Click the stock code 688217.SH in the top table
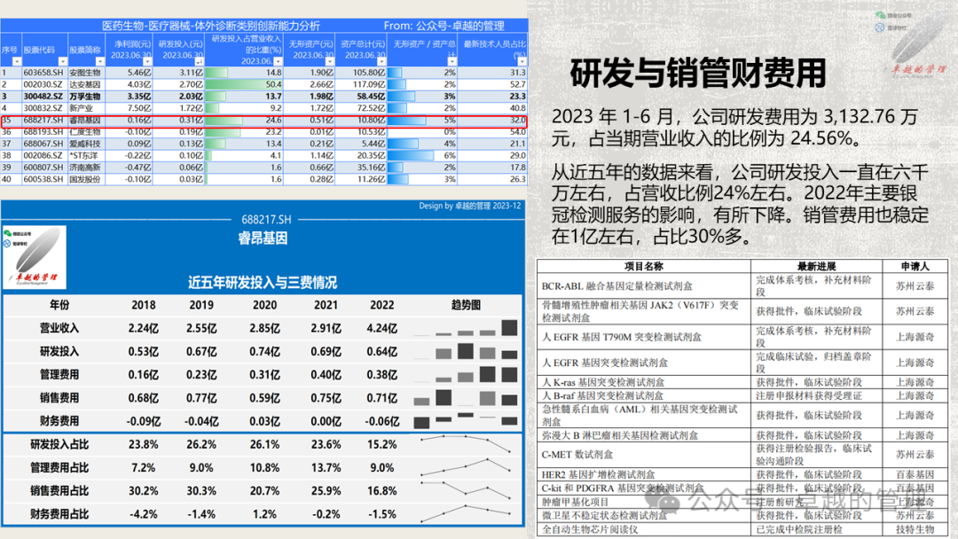[43, 120]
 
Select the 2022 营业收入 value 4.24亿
[381, 328]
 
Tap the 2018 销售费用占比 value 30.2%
[144, 491]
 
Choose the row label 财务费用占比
[59, 514]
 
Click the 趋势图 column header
[466, 305]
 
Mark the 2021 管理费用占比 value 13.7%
[326, 468]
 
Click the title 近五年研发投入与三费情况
[262, 283]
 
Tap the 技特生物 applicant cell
[914, 529]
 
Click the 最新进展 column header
[817, 266]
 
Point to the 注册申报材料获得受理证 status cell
[808, 395]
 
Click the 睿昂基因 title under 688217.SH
[263, 239]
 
